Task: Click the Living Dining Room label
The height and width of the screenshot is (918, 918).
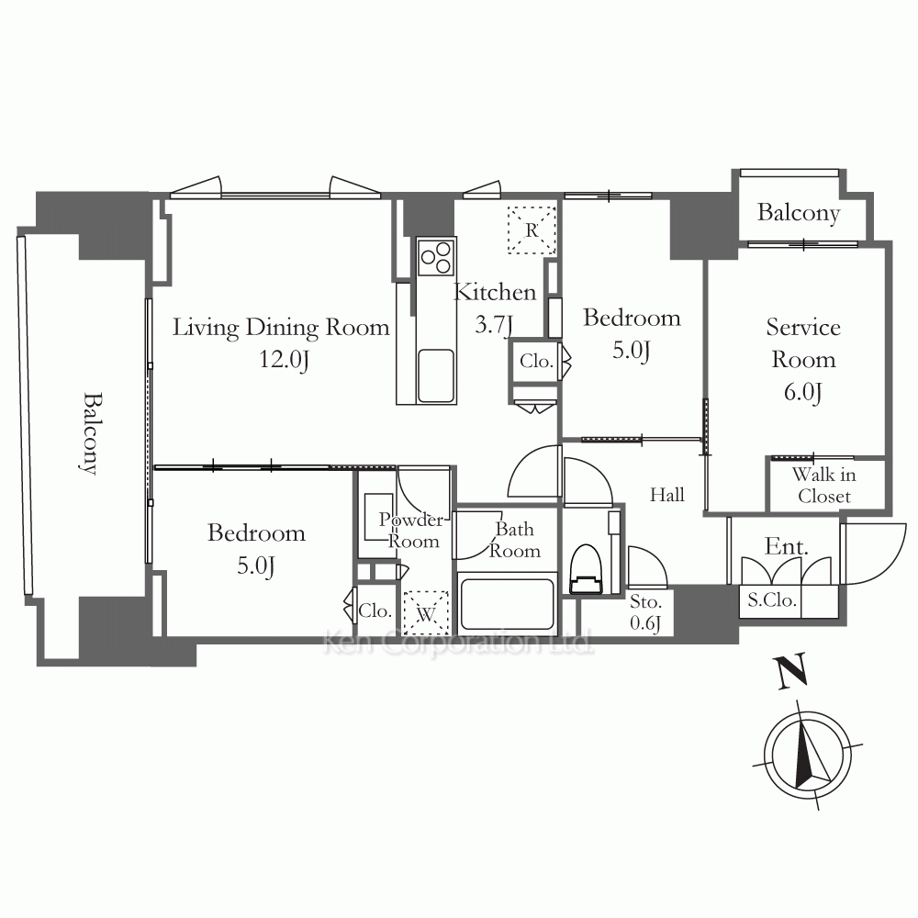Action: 281,328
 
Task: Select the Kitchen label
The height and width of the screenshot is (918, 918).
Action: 496,292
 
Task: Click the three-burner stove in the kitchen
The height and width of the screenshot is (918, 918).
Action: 436,256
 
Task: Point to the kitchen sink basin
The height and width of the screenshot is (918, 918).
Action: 436,375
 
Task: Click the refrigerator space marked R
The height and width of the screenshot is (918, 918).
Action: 532,230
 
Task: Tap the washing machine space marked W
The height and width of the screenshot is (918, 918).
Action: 426,613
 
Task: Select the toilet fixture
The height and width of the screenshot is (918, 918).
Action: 586,570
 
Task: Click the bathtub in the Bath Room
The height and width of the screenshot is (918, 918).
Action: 507,604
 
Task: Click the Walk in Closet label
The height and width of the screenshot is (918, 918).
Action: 824,486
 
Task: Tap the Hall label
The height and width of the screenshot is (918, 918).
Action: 666,496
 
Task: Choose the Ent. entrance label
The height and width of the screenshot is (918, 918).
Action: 787,546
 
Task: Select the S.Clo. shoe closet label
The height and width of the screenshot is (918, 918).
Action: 772,600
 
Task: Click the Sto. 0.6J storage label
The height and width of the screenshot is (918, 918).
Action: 645,612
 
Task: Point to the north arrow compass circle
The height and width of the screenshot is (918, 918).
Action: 808,756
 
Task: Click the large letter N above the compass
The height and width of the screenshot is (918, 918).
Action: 791,671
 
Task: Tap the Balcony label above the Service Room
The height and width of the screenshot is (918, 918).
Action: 799,213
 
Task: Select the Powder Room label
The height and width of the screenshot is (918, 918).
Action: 412,531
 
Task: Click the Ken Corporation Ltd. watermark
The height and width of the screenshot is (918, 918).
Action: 458,643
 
